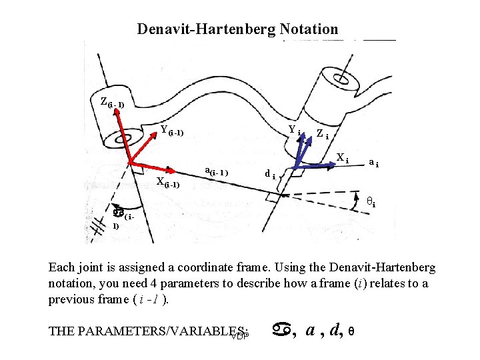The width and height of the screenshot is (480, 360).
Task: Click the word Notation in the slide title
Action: (309, 29)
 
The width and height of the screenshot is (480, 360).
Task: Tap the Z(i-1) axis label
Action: (111, 102)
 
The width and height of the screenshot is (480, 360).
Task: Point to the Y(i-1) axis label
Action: (172, 131)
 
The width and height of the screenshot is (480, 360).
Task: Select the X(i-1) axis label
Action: (167, 183)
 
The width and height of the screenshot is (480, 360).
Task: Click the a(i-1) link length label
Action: (216, 172)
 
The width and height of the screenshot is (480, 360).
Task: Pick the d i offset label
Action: (270, 175)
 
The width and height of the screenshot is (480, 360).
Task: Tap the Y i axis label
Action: (294, 130)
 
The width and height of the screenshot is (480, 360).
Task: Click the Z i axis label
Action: (322, 134)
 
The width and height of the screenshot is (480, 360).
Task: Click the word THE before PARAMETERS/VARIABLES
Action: (62, 331)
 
